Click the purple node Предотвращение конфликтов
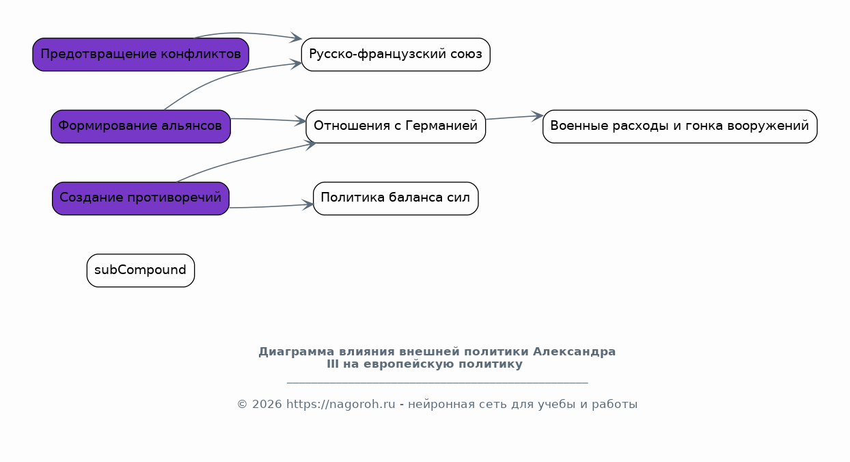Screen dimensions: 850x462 click(x=141, y=54)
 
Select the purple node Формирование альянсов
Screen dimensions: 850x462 click(x=141, y=126)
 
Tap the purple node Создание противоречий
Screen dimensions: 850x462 click(x=141, y=199)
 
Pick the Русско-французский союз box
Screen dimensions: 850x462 click(x=396, y=54)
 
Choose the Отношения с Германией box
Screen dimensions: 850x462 click(x=396, y=126)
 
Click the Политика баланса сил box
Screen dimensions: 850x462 click(x=396, y=199)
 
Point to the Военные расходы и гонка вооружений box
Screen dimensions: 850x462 click(x=680, y=126)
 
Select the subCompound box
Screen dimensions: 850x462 click(x=141, y=271)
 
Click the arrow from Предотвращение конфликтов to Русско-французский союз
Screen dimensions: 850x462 click(x=247, y=33)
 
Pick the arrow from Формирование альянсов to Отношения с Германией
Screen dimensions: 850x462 click(x=269, y=120)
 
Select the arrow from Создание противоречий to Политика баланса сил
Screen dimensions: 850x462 click(x=271, y=206)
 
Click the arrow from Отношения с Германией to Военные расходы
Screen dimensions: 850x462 click(x=515, y=118)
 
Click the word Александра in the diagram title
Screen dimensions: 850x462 click(x=574, y=351)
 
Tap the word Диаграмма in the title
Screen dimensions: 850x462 click(x=297, y=352)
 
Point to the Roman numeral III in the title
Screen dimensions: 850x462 click(x=332, y=364)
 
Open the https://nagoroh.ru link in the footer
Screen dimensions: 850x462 click(x=341, y=404)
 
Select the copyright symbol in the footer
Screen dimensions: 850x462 click(x=243, y=405)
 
